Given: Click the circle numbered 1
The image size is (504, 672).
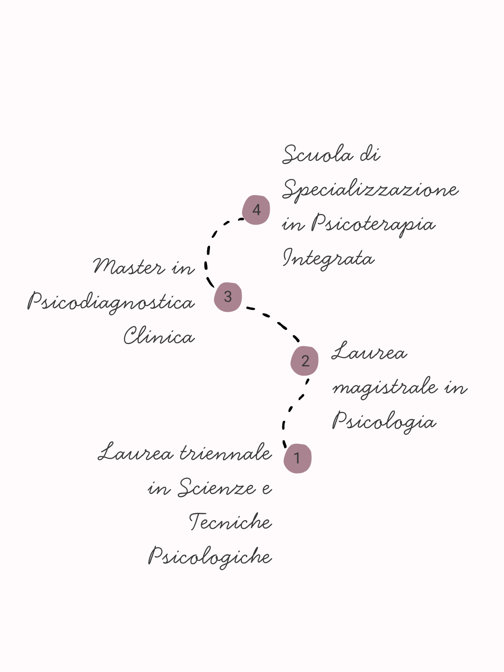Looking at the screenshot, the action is tap(297, 458).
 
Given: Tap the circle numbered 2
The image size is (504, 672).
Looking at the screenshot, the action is tap(305, 361).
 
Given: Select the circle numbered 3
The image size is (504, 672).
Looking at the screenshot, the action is tap(228, 297).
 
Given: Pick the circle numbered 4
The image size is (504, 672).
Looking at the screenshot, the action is tap(256, 210).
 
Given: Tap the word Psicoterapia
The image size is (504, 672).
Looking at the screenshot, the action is tap(373, 224).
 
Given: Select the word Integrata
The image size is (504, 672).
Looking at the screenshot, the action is tap(329, 259).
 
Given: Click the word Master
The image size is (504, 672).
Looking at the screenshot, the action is tap(129, 267).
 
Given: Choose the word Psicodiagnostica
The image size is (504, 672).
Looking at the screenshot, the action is tap(111, 302).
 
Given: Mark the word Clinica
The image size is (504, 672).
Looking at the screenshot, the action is tap(159, 336).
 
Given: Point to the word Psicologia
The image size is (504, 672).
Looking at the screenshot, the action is tap(384, 422).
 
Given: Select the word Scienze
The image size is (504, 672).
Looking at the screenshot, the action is tap(217, 488).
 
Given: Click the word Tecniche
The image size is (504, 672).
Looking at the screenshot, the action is tap(231, 522).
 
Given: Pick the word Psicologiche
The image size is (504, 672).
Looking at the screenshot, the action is tap(210, 557).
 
